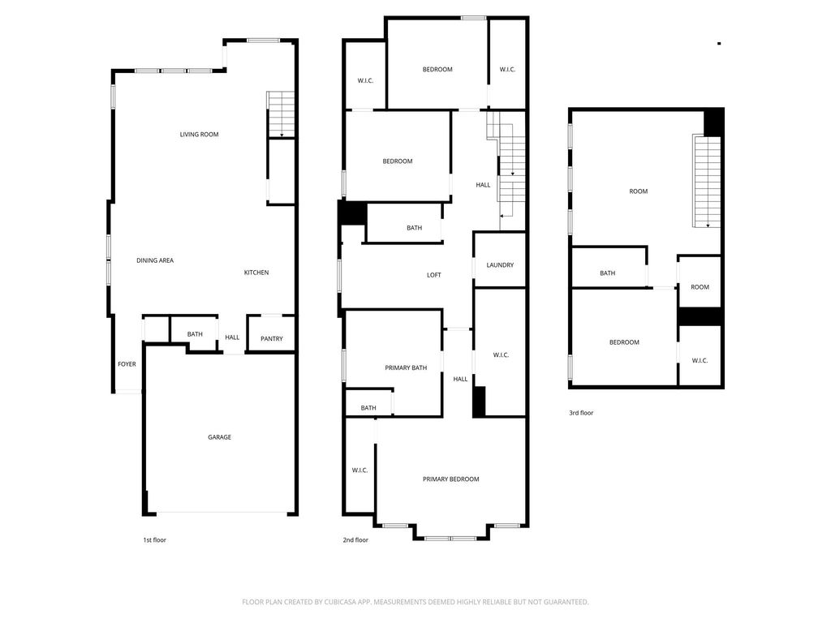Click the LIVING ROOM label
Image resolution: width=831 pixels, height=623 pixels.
[x=200, y=135]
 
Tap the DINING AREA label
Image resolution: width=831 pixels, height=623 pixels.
[x=155, y=260]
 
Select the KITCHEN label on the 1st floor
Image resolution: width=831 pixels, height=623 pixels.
[x=256, y=273]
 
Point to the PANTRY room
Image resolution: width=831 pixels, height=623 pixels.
[x=271, y=333]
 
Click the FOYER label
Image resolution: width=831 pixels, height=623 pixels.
[x=127, y=364]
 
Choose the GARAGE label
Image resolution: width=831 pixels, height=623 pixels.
[x=219, y=437]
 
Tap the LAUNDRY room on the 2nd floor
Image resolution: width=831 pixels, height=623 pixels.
[x=500, y=260]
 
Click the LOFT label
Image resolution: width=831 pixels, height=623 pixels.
[x=434, y=276]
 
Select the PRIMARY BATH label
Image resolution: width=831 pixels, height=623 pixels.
[x=406, y=368]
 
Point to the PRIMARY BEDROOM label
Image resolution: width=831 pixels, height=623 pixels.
[x=451, y=479]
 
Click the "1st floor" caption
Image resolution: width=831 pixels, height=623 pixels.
[x=155, y=540]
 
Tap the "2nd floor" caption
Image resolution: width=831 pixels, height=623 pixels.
[x=355, y=540]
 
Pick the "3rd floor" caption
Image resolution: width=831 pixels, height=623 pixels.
[x=581, y=413]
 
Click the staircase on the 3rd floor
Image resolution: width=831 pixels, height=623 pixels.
[x=707, y=181]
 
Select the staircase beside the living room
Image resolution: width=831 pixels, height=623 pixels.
[x=281, y=115]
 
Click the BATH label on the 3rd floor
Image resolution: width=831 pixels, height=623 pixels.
[x=607, y=273]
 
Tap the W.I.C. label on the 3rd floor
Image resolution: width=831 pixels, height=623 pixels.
[x=700, y=361]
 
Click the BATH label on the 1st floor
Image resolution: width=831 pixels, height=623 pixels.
[x=195, y=335]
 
